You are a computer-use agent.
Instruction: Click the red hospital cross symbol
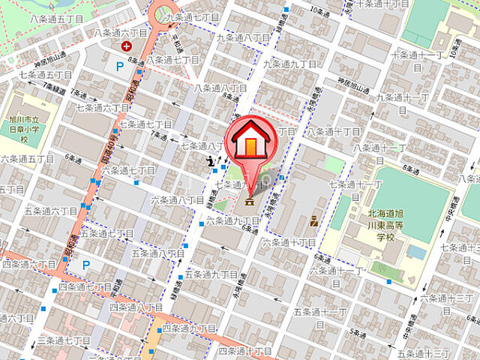coord(126,46)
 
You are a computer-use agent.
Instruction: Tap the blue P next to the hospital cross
coord(120,67)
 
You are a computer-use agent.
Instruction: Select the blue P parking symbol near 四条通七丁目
coord(86,265)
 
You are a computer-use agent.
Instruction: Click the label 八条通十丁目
coord(332,131)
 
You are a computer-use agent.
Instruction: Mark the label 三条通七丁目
coord(65,340)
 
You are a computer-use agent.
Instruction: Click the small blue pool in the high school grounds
coord(416,253)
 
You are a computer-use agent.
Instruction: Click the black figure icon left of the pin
coord(213,160)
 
